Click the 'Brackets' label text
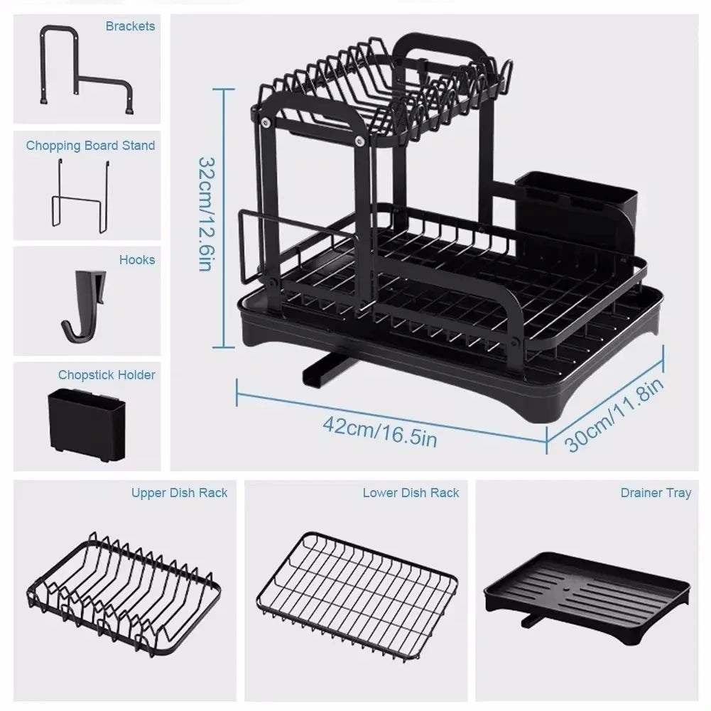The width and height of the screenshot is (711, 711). [x=130, y=26]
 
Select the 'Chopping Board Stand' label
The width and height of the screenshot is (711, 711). [x=90, y=146]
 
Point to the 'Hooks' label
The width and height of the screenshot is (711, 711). [x=136, y=260]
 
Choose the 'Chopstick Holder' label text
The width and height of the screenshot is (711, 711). [x=107, y=374]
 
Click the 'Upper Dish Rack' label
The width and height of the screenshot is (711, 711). [x=179, y=492]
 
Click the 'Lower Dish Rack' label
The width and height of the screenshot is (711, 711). [x=411, y=492]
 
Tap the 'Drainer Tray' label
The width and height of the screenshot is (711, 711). [x=655, y=492]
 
